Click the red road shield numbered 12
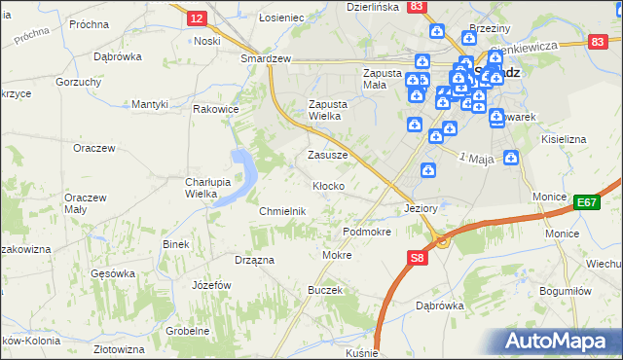(198, 18)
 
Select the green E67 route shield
(585, 202)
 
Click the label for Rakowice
(216, 110)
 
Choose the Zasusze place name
(327, 155)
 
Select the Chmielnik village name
(282, 211)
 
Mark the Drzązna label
(254, 260)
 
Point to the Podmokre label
(367, 233)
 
